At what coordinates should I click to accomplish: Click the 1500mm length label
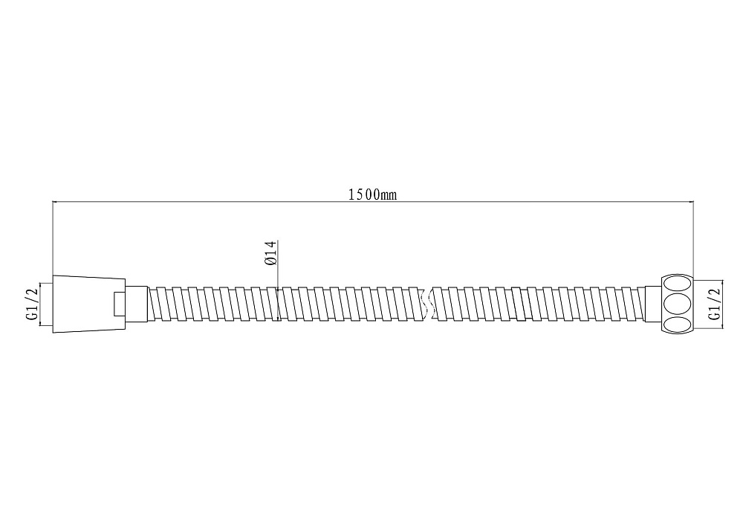(372, 194)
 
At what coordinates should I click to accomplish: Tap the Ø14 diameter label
(270, 253)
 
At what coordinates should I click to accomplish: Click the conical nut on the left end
(88, 304)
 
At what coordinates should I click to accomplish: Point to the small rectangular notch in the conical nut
(120, 304)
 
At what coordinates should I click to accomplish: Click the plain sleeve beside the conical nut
(137, 304)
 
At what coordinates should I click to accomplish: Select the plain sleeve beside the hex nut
(653, 304)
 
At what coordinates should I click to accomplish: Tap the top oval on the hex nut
(677, 283)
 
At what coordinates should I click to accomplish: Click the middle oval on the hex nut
(677, 304)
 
